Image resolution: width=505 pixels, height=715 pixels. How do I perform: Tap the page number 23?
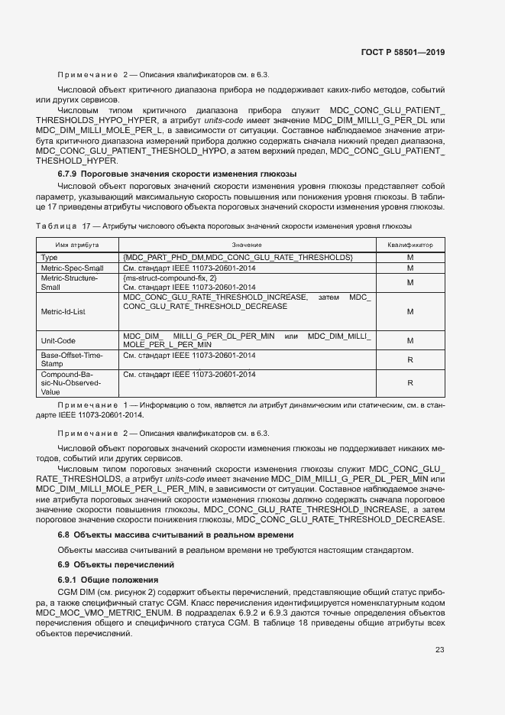point(439,650)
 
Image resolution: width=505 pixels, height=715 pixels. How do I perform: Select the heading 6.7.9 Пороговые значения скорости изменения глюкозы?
point(176,174)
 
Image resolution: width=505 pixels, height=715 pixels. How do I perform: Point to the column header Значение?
point(247,245)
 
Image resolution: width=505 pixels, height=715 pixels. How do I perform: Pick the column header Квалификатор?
point(410,245)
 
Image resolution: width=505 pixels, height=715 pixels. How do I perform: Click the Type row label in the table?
point(50,258)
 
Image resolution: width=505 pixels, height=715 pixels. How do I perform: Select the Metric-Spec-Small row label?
point(71,268)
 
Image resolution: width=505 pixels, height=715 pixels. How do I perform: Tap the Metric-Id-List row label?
point(63,311)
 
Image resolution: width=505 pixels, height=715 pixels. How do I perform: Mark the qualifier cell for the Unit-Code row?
point(410,340)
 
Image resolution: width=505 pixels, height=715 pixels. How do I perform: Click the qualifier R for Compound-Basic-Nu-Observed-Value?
point(410,383)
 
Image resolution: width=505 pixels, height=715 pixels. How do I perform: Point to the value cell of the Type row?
point(238,258)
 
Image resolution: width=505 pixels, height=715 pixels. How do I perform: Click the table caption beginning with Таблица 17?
point(224,226)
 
